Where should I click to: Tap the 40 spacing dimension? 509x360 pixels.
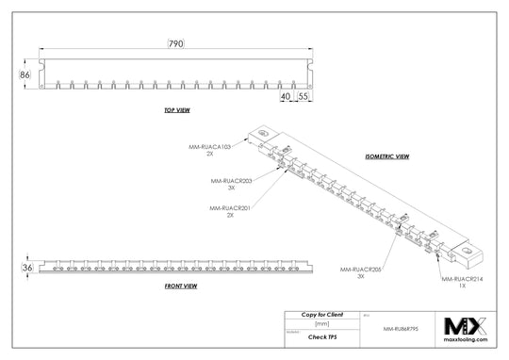click(x=285, y=96)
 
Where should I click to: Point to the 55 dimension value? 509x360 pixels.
click(x=304, y=96)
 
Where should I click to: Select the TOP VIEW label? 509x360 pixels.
click(x=176, y=110)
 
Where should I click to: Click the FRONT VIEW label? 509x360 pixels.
click(x=180, y=285)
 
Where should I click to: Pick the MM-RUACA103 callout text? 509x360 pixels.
click(x=209, y=146)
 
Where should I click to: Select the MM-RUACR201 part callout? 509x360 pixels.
click(x=229, y=207)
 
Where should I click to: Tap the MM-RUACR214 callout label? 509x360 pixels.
click(x=461, y=279)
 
